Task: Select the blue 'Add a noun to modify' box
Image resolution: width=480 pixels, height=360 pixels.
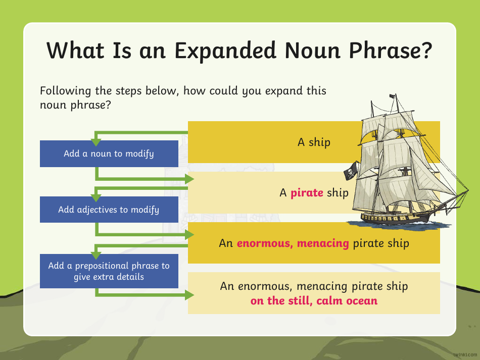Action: click(x=109, y=153)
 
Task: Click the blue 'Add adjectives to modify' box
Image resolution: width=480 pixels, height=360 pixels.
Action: click(x=109, y=209)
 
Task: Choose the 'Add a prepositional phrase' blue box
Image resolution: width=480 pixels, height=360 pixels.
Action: click(x=109, y=271)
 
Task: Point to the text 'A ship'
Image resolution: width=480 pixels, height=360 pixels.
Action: click(x=313, y=142)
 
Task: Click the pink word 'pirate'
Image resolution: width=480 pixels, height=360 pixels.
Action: click(x=307, y=193)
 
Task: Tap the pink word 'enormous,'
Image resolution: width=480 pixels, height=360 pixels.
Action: click(x=265, y=243)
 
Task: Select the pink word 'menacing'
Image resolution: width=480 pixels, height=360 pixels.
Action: click(x=323, y=243)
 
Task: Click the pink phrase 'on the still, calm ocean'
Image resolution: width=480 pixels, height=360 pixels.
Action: click(x=314, y=301)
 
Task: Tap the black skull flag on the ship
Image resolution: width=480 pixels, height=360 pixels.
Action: click(x=349, y=173)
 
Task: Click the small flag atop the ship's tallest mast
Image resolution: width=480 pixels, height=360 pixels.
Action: click(x=392, y=96)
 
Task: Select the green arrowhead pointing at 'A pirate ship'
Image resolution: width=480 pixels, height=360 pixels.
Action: click(x=189, y=179)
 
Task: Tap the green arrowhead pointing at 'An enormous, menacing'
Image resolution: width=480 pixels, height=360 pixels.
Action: click(x=189, y=234)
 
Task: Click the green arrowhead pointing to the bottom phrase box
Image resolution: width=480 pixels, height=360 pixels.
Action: click(x=189, y=295)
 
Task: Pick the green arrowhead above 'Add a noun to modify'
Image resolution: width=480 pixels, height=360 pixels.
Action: click(x=96, y=142)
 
